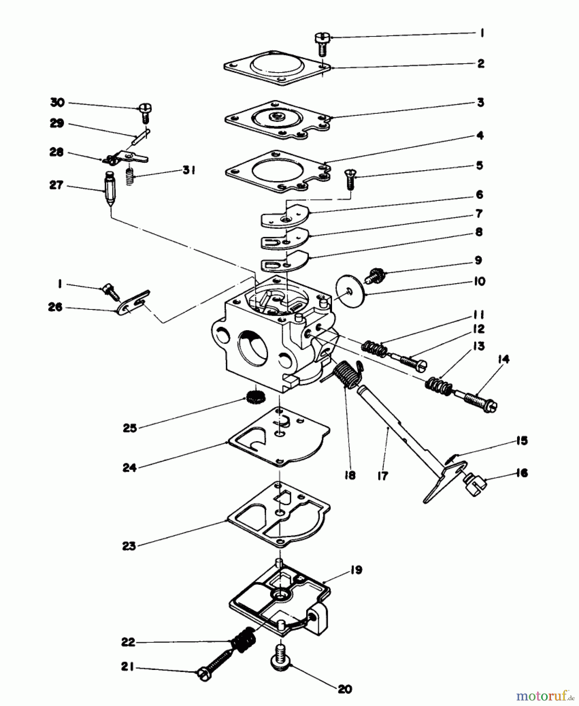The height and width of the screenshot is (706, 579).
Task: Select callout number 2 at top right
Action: click(x=481, y=64)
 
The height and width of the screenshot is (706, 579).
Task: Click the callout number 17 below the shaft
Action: click(x=383, y=476)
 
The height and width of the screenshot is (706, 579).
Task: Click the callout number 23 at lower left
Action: click(x=129, y=546)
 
